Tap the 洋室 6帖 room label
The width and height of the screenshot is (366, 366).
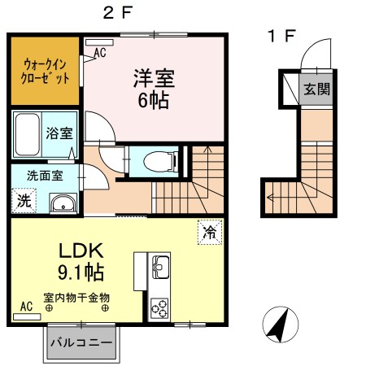pyautogui.click(x=154, y=90)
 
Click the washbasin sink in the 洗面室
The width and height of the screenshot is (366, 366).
pyautogui.click(x=62, y=203)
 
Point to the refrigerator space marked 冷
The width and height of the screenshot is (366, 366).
pyautogui.click(x=209, y=232)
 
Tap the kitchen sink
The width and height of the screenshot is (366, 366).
pyautogui.click(x=159, y=266)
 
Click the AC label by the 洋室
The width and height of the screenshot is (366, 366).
pyautogui.click(x=100, y=54)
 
